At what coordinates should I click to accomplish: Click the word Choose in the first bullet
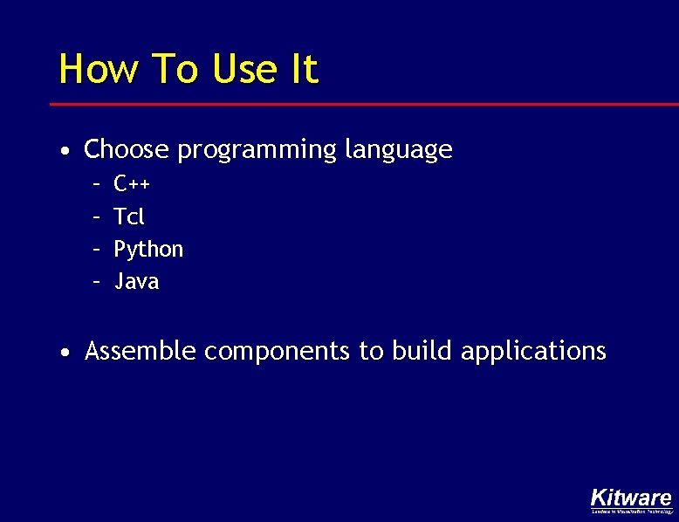pos(126,149)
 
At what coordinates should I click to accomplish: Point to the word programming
pos(257,150)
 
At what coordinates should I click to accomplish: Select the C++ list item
pos(132,183)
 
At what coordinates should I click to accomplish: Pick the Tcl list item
pos(129,216)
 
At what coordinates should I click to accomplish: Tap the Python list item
pos(148,250)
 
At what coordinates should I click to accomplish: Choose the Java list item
pos(137,281)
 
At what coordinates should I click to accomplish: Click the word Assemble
pos(141,351)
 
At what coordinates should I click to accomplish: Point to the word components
pos(278,352)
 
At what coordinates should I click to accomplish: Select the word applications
pos(532,352)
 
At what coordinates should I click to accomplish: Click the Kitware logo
pos(631,500)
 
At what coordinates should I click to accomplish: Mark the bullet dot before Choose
pos(66,152)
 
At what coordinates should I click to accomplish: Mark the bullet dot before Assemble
pos(66,354)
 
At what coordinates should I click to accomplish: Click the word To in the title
pos(175,69)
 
